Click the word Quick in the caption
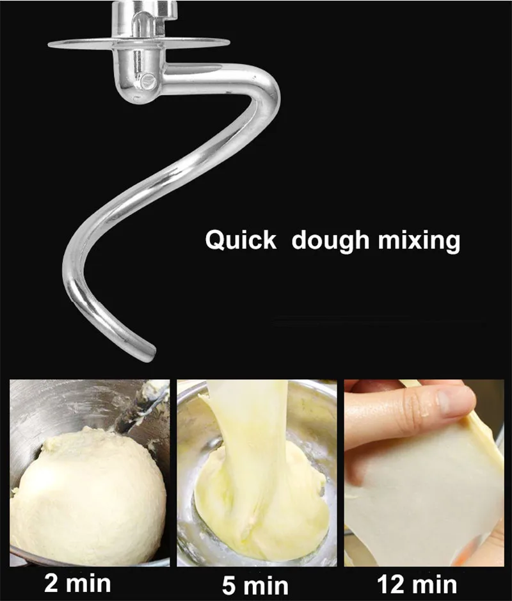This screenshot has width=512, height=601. click(240, 241)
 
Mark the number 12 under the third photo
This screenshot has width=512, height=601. click(392, 584)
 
